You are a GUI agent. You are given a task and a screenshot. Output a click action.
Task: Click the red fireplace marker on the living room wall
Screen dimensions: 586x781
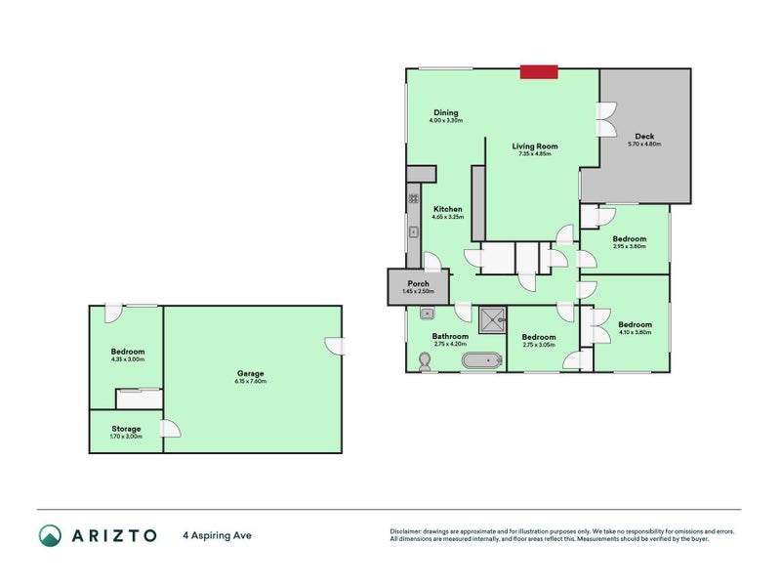coord(538,71)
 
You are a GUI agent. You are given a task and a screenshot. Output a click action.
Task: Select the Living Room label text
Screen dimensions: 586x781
coord(534,146)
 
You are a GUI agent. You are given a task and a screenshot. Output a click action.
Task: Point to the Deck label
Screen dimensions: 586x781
coord(644,136)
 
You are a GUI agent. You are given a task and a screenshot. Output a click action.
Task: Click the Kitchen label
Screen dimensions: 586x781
coord(448,209)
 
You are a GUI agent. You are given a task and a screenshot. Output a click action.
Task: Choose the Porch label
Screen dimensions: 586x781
coord(418,284)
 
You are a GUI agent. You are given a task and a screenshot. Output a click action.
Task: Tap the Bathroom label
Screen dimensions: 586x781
coord(451,336)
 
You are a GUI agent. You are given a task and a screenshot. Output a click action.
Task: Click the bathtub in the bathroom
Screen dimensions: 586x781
coord(481,361)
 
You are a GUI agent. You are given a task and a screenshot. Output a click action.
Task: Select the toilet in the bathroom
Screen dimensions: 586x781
coord(423,361)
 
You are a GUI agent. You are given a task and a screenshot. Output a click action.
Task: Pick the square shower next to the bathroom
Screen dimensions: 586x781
coord(493,317)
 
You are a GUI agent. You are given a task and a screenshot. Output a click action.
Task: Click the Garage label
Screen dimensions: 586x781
coord(251,373)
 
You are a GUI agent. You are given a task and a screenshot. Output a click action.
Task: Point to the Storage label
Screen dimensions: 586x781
coord(126,429)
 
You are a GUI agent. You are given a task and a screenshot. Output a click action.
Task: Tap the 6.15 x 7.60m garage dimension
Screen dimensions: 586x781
coord(251,381)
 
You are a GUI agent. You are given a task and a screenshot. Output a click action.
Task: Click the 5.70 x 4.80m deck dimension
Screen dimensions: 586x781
coord(644,144)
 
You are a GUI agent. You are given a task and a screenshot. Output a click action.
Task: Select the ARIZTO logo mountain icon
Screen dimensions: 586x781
coord(50,534)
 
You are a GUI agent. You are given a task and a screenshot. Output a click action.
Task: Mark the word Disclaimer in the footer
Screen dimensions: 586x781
coord(407,530)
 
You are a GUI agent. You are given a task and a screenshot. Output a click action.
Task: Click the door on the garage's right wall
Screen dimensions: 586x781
coord(335,346)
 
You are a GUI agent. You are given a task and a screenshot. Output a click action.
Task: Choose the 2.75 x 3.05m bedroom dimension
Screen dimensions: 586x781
coord(540,344)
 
